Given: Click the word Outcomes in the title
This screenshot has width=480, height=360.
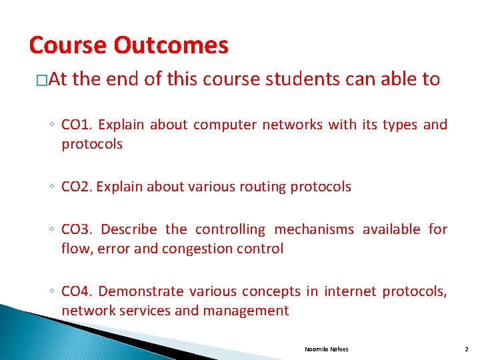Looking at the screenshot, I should pyautogui.click(x=171, y=45).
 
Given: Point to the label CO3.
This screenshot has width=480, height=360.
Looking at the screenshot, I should pyautogui.click(x=77, y=229).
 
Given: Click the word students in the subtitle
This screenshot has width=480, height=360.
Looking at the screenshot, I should pyautogui.click(x=299, y=80).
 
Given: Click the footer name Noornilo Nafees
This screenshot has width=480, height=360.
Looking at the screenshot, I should pyautogui.click(x=326, y=349).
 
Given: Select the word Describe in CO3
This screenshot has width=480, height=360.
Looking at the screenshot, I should pyautogui.click(x=129, y=229).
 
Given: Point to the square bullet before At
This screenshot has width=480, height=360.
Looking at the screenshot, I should pyautogui.click(x=41, y=81).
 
